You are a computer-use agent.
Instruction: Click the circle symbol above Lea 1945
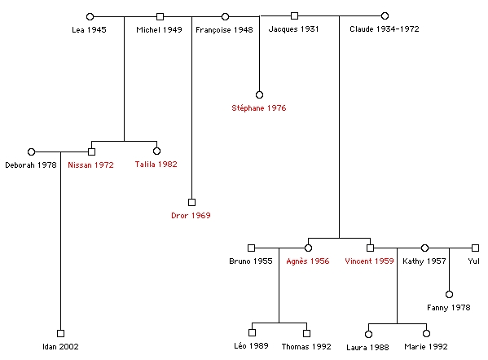(90, 16)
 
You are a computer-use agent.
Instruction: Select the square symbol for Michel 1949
(160, 16)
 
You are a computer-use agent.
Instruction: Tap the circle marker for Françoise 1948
(226, 16)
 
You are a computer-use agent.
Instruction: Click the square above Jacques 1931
(294, 15)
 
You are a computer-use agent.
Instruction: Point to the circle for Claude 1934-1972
(385, 15)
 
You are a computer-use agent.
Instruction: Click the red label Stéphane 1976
(259, 108)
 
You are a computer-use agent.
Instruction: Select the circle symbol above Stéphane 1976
(259, 94)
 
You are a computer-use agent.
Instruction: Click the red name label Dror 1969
(191, 215)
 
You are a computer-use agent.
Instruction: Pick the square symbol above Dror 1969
(191, 202)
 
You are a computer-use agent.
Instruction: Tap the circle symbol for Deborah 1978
(31, 151)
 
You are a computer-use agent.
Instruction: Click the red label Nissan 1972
(91, 165)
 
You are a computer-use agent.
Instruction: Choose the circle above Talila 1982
(157, 151)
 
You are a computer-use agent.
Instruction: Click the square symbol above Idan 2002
(60, 334)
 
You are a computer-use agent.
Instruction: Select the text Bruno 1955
(251, 261)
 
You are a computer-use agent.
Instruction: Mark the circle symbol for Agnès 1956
(308, 248)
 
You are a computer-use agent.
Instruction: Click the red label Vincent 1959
(369, 261)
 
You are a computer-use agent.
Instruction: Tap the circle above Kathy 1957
(424, 248)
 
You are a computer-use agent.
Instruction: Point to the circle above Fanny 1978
(449, 294)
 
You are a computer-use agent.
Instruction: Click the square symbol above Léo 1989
(252, 332)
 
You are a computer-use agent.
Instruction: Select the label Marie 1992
(426, 347)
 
